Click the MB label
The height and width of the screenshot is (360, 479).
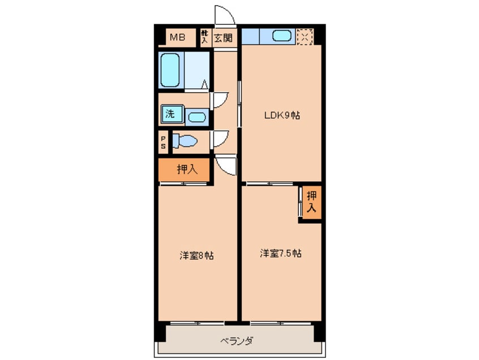point(178,38)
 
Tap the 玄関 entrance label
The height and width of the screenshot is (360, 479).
point(223,38)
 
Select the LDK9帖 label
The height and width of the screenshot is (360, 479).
point(281,115)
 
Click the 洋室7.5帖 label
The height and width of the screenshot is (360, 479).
point(280,253)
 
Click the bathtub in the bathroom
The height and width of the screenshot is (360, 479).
point(170,70)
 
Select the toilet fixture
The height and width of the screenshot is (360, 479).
point(183,140)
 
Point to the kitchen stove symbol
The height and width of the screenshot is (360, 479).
point(305,36)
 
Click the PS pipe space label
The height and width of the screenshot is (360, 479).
point(163,142)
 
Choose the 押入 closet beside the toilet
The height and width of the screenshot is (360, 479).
point(185,169)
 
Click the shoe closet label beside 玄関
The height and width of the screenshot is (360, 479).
point(205,38)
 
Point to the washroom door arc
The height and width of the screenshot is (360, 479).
point(220,100)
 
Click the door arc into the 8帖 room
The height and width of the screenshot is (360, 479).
point(226,165)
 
